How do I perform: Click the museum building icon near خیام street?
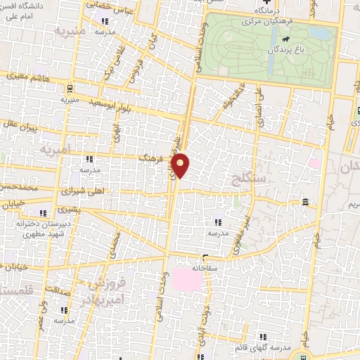tap(304, 203)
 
